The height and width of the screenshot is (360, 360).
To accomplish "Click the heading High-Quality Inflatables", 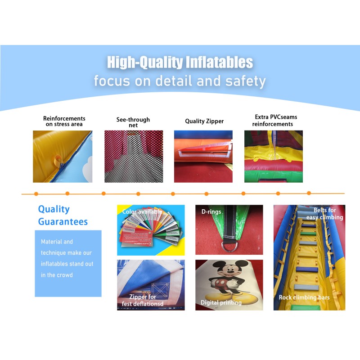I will (180, 62).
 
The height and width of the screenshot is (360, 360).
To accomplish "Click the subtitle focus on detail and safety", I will (180, 81).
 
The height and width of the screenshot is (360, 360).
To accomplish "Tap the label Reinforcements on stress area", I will (64, 121).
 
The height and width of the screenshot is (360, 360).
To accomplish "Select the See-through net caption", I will (133, 122).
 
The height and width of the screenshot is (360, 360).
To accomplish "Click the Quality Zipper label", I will (204, 121).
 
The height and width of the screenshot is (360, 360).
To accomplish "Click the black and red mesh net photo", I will (133, 157).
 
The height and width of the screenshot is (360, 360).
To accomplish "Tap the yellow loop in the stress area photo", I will (57, 159).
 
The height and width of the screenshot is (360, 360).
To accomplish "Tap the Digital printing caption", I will (221, 303).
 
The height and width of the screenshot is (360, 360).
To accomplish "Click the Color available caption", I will (142, 211).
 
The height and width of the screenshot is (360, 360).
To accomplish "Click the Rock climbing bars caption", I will (304, 297).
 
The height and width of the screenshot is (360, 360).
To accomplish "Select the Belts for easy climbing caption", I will (325, 214).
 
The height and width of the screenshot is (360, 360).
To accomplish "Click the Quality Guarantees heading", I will (63, 215).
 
